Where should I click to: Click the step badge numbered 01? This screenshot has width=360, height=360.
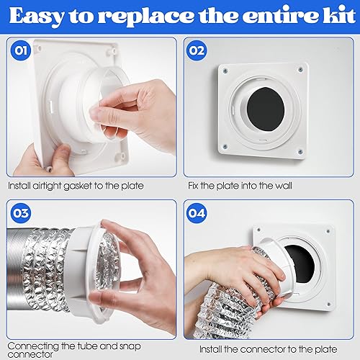pos(20,50)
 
